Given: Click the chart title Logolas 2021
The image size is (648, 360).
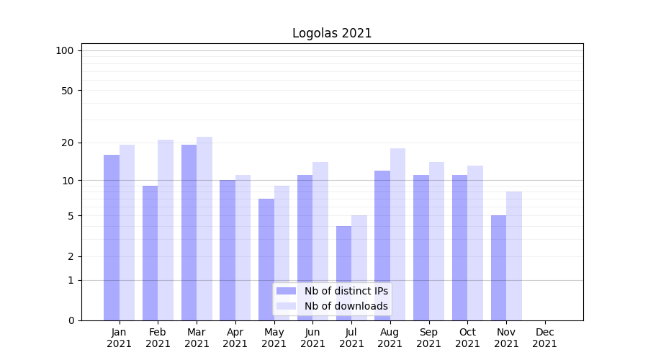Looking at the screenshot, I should [x=332, y=33].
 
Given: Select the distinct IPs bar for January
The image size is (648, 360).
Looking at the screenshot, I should [x=112, y=238].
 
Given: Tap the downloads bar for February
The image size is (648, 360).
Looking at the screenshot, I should [x=166, y=230].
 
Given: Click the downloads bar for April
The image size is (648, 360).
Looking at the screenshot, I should [x=243, y=248].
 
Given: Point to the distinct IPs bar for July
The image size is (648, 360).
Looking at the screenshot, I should [x=344, y=273].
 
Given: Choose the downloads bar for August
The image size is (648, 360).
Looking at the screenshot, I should [x=397, y=234].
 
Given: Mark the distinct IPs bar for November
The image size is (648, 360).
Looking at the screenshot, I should [x=499, y=268].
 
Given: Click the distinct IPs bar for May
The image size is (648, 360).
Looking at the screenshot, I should [x=266, y=259].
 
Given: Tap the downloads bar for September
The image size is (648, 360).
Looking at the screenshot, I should [x=436, y=241].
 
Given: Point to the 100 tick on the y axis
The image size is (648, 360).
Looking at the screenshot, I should [x=65, y=50].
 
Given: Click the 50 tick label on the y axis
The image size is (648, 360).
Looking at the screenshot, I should [x=68, y=91].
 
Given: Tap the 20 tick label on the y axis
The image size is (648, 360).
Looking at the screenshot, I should [x=68, y=143].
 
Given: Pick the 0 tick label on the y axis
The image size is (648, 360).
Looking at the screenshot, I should [x=71, y=320].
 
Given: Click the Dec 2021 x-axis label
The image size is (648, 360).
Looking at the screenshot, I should [x=545, y=338].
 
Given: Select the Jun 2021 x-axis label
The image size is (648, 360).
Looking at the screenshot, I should [x=312, y=338].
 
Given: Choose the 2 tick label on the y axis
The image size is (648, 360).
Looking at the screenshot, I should [x=71, y=256].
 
